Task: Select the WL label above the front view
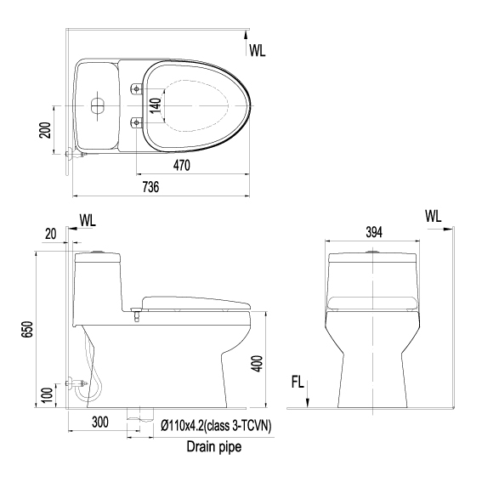434,216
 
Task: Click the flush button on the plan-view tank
96,106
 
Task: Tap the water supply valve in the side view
78,385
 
